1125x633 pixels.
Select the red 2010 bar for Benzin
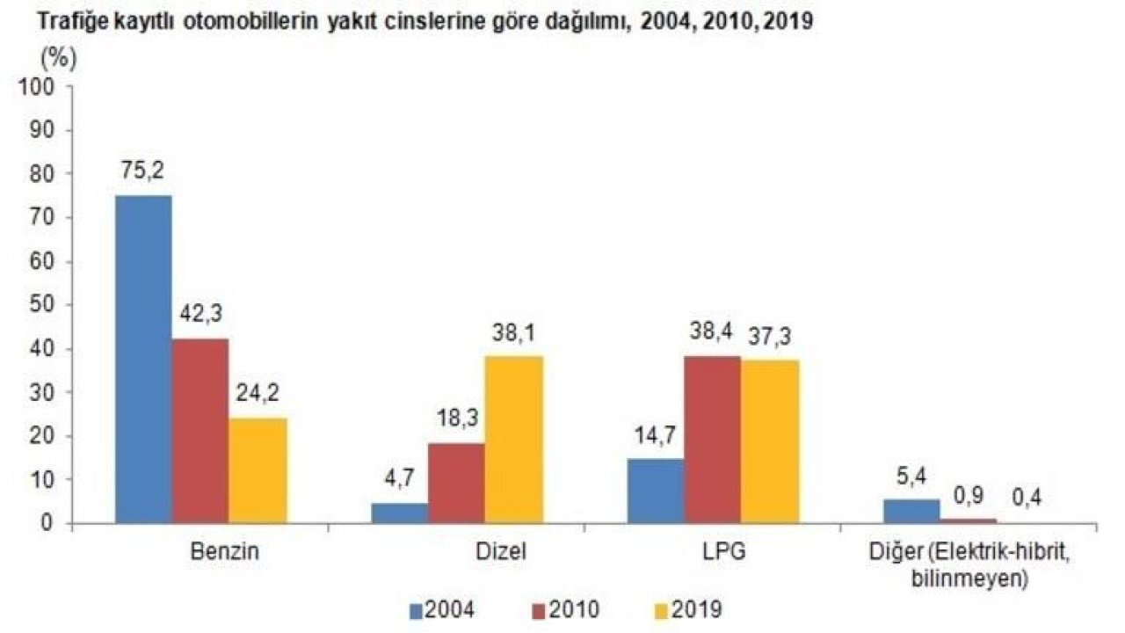point(200,431)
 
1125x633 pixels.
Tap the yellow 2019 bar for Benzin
point(258,470)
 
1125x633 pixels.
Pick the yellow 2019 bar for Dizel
point(514,440)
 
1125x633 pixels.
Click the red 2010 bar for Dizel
point(456,483)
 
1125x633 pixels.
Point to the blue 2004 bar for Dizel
point(399,513)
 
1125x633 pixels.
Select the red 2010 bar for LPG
point(712,439)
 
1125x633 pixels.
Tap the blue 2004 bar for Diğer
point(911,511)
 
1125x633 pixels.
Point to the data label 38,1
point(514,333)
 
